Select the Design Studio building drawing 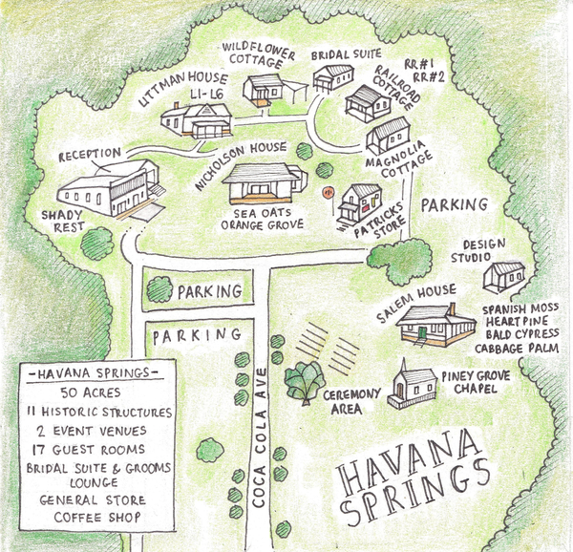(503, 277)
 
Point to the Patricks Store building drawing (358, 203)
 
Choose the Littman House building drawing (195, 120)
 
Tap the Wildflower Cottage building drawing (264, 90)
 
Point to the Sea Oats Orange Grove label (262, 219)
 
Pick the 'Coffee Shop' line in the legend (95, 517)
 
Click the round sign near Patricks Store (327, 192)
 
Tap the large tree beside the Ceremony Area (305, 381)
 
